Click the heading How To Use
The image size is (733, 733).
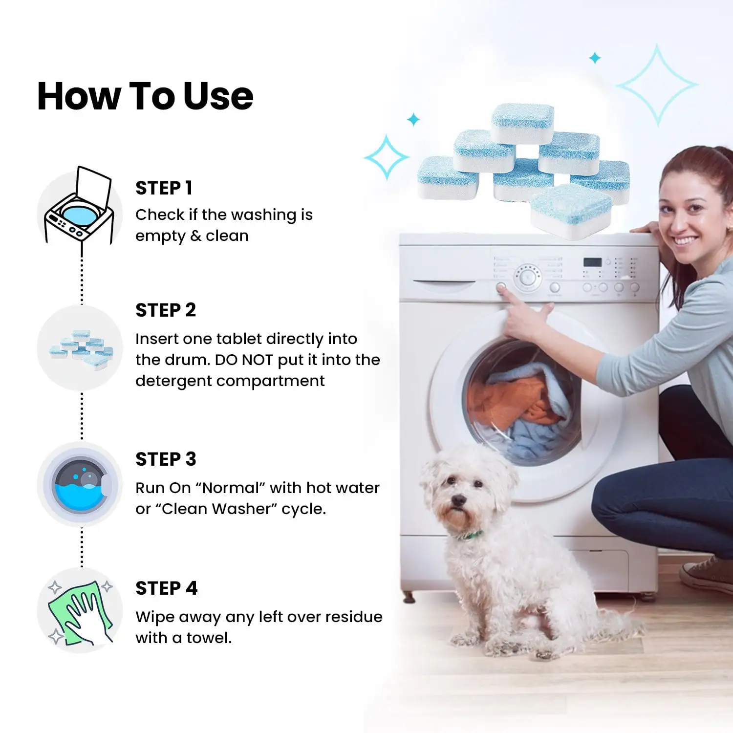145,96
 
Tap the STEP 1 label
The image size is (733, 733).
164,188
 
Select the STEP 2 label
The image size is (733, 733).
166,310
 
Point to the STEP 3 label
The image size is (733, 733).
166,459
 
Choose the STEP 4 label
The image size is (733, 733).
166,588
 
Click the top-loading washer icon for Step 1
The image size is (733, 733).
79,205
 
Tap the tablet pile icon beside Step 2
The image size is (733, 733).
81,348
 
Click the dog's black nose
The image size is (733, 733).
458,500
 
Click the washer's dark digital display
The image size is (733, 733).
592,262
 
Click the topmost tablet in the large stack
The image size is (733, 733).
523,123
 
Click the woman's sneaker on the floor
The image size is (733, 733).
707,575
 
